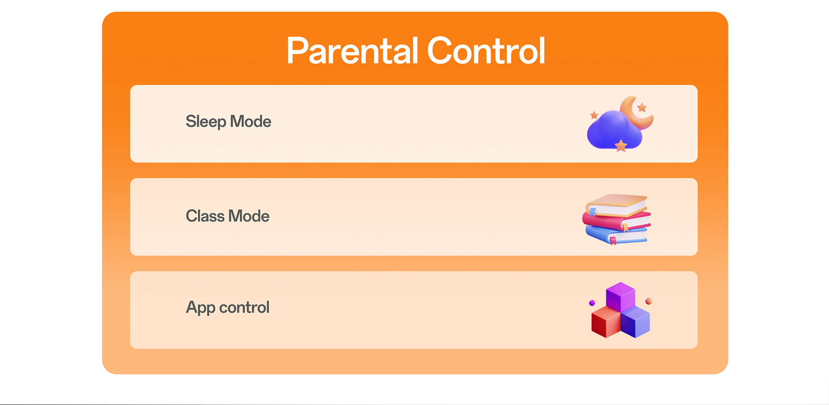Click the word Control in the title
pyautogui.click(x=486, y=51)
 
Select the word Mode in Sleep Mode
pyautogui.click(x=250, y=121)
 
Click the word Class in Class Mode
pyautogui.click(x=205, y=216)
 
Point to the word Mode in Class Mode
pyautogui.click(x=249, y=216)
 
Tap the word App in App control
pyautogui.click(x=200, y=308)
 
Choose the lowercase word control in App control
pyautogui.click(x=244, y=307)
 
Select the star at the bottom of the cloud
pyautogui.click(x=621, y=146)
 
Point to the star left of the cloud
pyautogui.click(x=594, y=115)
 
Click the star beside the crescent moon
pyautogui.click(x=642, y=107)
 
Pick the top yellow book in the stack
pyautogui.click(x=616, y=205)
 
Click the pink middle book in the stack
pyautogui.click(x=616, y=221)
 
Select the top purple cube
pyautogui.click(x=620, y=297)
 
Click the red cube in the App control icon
pyautogui.click(x=606, y=322)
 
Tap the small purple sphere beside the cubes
pyautogui.click(x=592, y=303)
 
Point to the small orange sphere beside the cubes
pyautogui.click(x=649, y=301)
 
